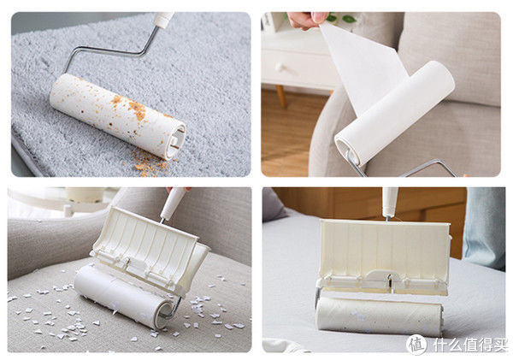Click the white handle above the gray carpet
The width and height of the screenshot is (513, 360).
click(x=162, y=20)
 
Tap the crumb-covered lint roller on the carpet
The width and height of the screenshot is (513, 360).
click(x=117, y=115)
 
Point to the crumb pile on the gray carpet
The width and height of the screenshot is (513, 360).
click(x=149, y=162)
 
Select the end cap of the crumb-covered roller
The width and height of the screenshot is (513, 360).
click(x=177, y=142)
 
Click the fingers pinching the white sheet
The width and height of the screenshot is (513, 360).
click(x=308, y=20)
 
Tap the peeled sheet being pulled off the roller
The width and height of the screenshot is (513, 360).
click(x=363, y=67)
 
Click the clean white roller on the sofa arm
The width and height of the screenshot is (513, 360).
click(x=394, y=113)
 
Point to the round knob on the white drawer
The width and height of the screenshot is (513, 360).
click(x=280, y=68)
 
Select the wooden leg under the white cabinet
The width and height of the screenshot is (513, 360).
click(x=281, y=97)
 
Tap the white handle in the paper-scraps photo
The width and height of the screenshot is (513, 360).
click(x=173, y=204)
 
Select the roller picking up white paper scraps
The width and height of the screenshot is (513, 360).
click(x=124, y=296)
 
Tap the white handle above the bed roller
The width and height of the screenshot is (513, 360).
click(x=390, y=202)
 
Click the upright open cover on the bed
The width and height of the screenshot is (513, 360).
click(x=383, y=257)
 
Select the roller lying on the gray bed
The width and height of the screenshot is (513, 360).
click(x=380, y=316)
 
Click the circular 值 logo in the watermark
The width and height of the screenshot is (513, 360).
click(x=416, y=345)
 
